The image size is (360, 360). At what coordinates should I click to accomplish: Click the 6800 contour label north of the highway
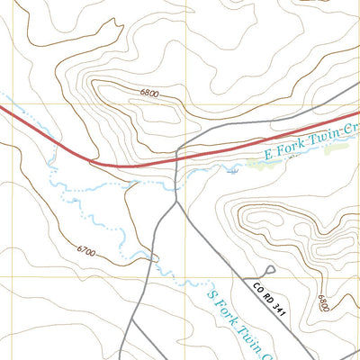[x=149, y=93]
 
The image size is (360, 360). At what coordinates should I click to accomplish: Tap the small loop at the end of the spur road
[x=270, y=269]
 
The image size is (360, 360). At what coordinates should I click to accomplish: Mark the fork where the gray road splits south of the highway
[x=174, y=200]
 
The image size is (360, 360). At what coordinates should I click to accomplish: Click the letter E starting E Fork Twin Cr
[x=267, y=154]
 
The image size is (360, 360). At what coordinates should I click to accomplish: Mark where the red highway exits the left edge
[x=1, y=108]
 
